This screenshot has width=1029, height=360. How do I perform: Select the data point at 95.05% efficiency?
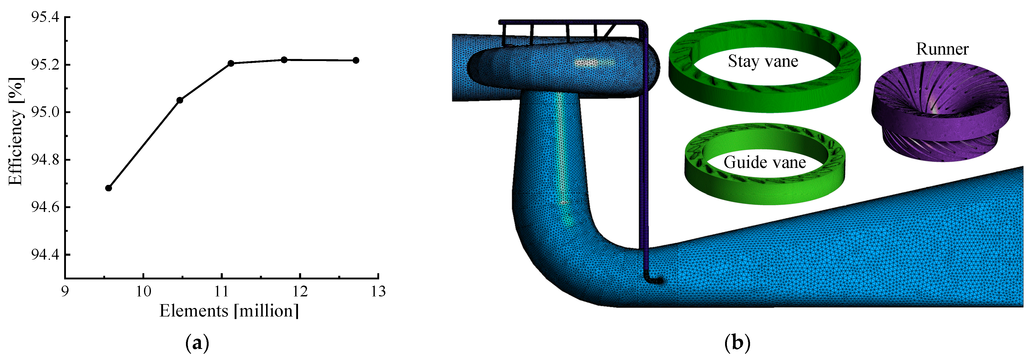(x=180, y=100)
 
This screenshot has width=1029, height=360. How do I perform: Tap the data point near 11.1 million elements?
(x=231, y=63)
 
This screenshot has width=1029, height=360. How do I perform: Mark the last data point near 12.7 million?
(x=356, y=60)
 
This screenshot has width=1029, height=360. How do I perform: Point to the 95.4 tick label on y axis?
(x=45, y=17)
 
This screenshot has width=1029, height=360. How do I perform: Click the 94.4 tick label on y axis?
(x=45, y=254)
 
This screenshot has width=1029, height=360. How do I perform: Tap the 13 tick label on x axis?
(x=378, y=292)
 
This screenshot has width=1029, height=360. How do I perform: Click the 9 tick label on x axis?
(x=65, y=292)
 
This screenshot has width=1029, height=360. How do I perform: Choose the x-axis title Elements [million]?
(x=229, y=311)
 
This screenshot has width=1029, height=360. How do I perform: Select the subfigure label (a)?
(x=197, y=343)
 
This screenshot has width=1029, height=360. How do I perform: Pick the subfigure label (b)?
(x=737, y=343)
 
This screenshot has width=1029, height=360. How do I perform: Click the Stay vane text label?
(x=763, y=61)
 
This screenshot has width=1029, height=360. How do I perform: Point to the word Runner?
(x=942, y=49)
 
